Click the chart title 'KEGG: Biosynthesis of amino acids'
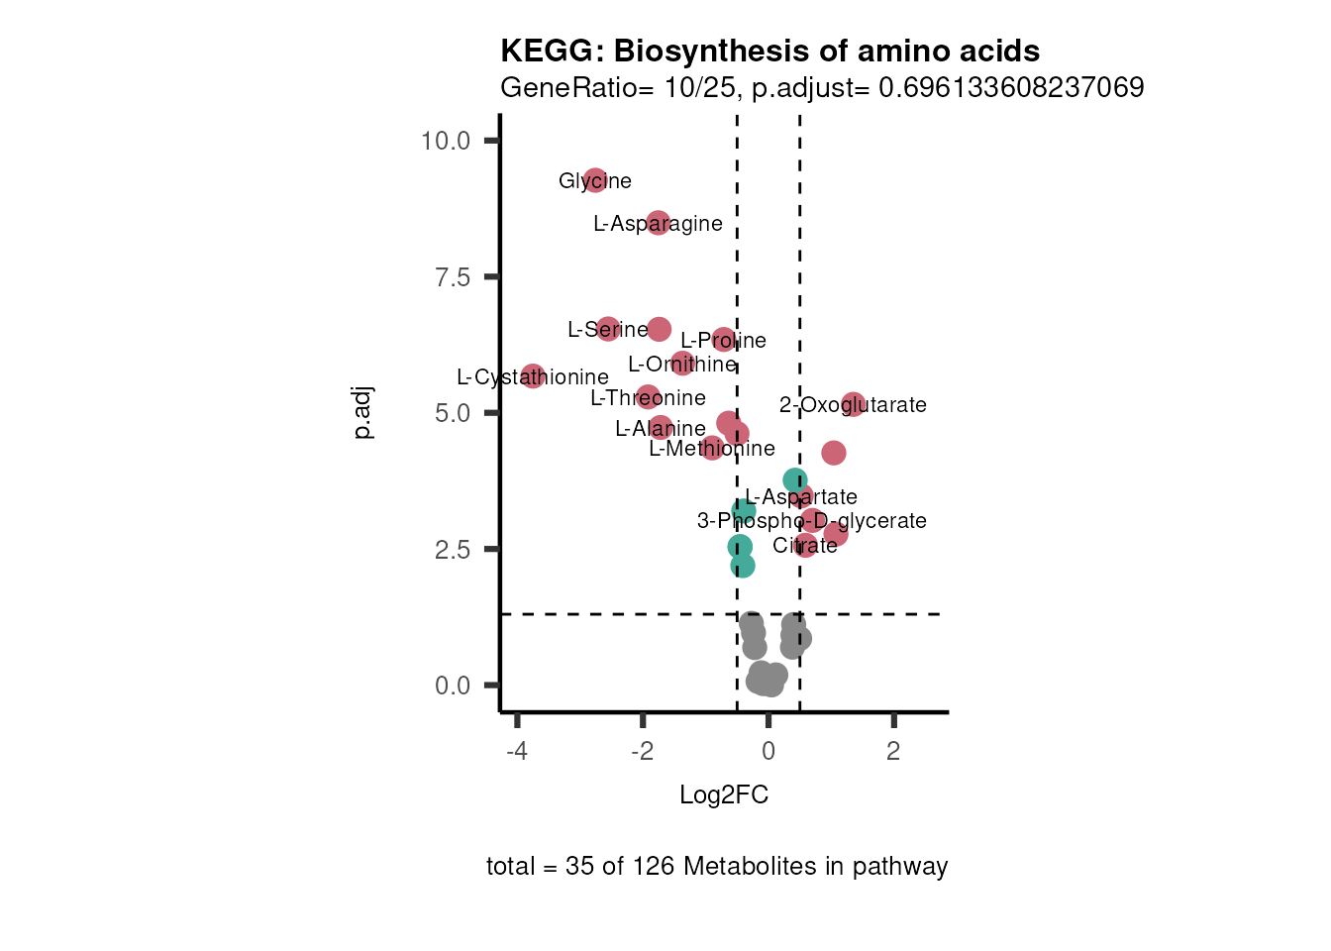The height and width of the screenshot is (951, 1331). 769,52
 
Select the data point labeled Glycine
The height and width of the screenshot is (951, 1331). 594,180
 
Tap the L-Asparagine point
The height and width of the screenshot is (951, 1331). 658,223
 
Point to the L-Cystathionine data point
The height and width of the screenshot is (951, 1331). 533,375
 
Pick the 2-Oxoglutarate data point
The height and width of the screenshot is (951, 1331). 853,404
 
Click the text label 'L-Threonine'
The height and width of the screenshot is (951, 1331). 648,398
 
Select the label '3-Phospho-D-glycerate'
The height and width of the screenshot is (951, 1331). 811,521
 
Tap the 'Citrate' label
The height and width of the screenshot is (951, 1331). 804,546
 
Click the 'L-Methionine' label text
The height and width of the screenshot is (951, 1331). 711,449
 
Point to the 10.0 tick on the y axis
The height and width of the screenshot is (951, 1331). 445,141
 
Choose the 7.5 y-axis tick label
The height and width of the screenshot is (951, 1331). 452,277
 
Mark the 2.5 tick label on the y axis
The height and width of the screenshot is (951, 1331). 452,550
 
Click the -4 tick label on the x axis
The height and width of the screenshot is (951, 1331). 516,751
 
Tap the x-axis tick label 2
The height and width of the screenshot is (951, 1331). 893,751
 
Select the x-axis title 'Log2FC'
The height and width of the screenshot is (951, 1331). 723,795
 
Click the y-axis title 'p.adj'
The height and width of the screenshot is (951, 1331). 363,413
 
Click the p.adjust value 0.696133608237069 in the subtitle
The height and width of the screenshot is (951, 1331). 1011,88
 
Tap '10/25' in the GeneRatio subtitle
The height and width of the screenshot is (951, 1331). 700,88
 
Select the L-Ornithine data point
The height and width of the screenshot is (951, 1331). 681,363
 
